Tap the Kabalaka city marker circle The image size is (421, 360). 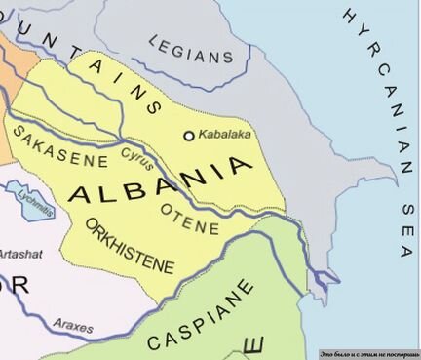coord(189,136)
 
